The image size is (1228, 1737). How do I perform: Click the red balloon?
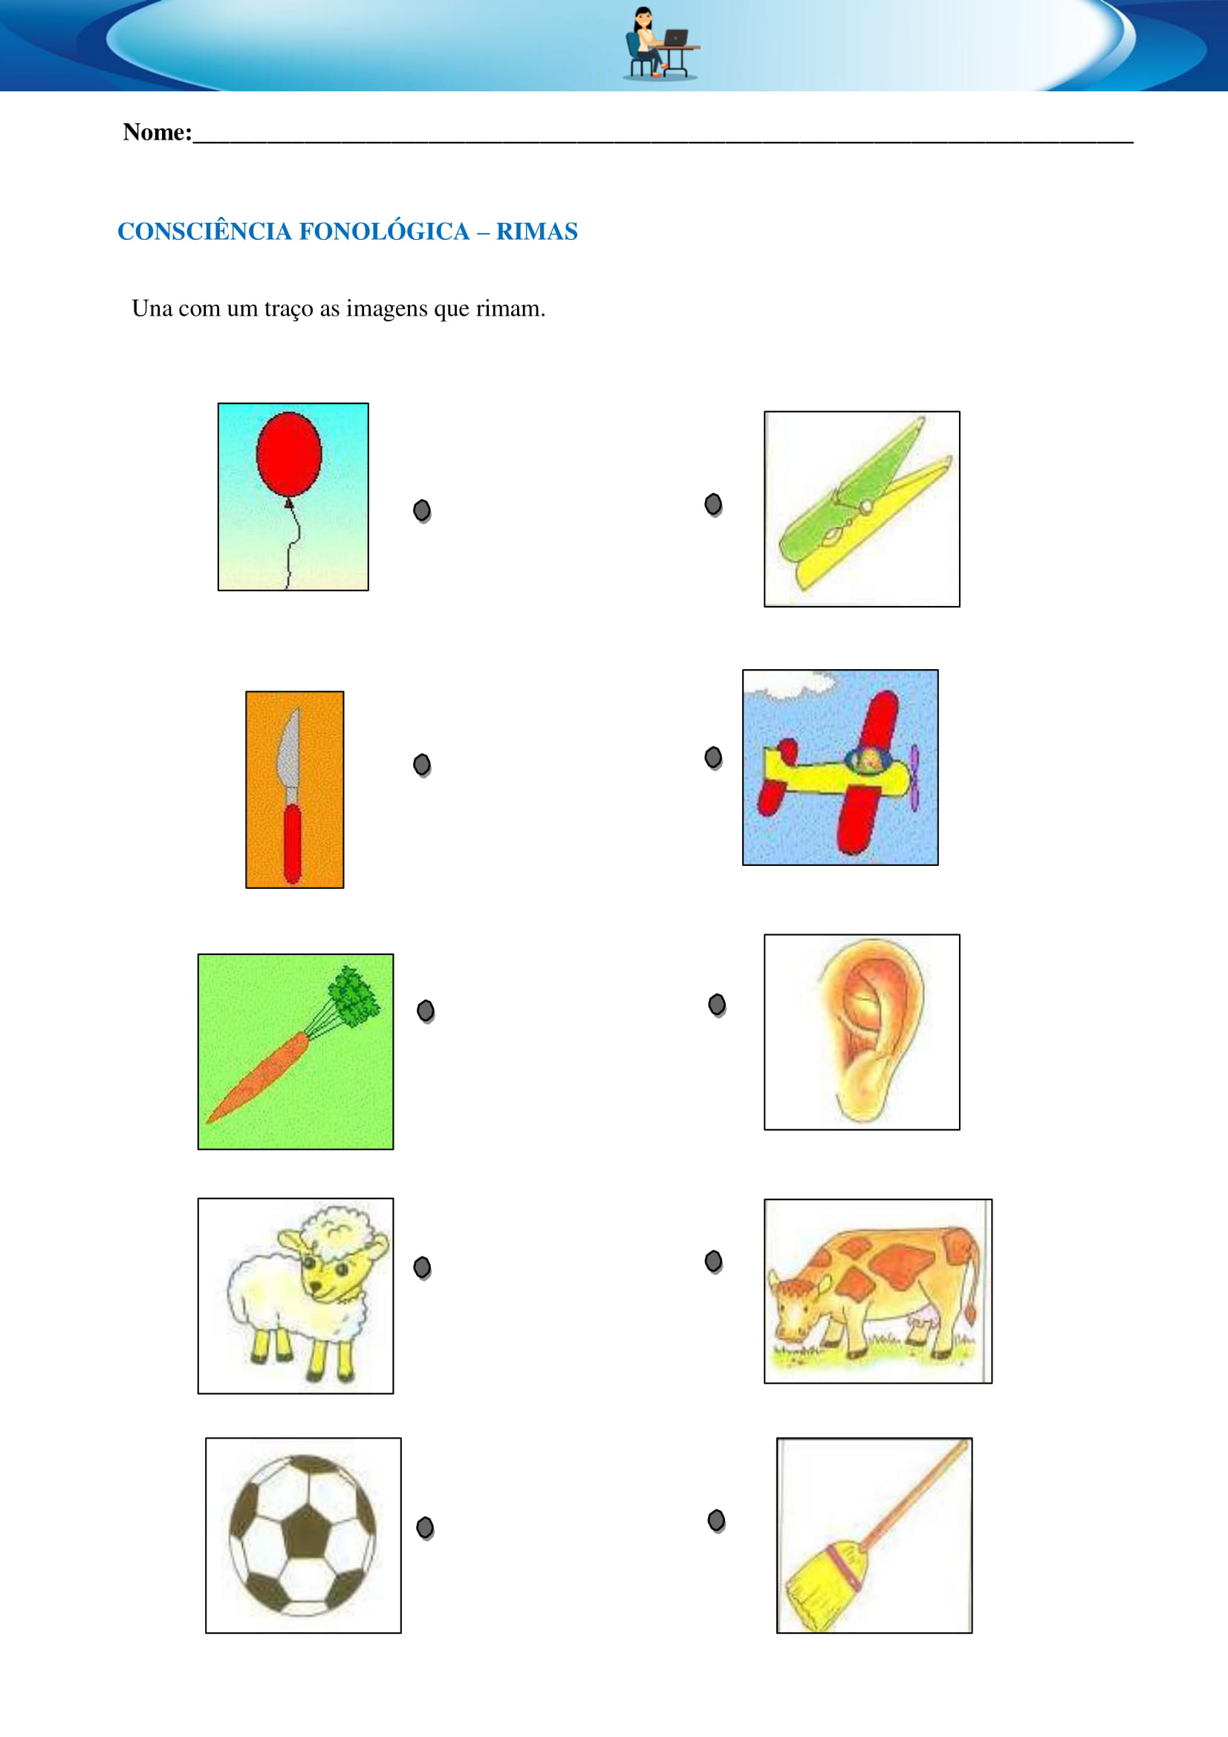288,454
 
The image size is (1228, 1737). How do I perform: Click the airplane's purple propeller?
914,778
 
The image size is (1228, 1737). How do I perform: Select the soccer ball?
302,1535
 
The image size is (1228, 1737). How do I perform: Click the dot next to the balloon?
422,511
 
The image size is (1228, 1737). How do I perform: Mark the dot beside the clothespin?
713,504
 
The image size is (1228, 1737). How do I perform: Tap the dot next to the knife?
422,765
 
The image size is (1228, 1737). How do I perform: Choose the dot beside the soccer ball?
425,1528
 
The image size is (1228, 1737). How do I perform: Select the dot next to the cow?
713,1261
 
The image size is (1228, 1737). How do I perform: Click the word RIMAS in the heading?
536,232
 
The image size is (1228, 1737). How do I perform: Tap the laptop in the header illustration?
675,37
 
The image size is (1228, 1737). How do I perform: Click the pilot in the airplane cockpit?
871,760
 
